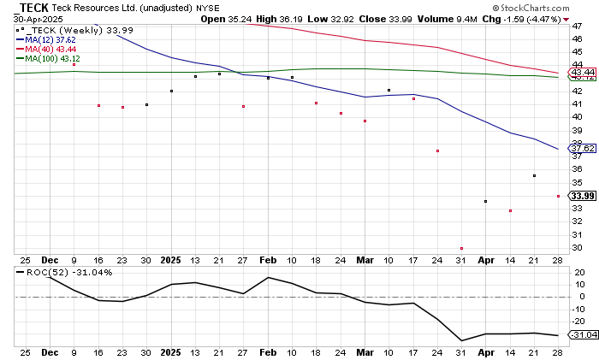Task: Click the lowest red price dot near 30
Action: point(461,248)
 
